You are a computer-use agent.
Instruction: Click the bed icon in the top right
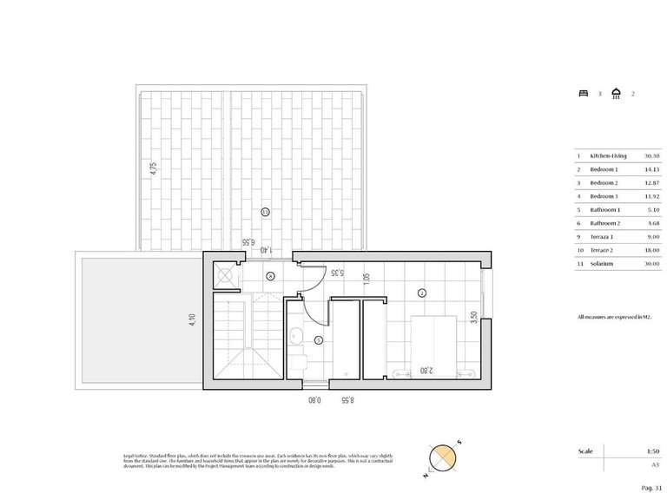pyautogui.click(x=583, y=92)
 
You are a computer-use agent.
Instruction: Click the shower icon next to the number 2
pyautogui.click(x=616, y=92)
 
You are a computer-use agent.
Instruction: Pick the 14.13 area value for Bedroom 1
pyautogui.click(x=652, y=169)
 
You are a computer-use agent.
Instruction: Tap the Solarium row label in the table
pyautogui.click(x=602, y=263)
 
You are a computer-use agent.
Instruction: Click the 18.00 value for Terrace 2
pyautogui.click(x=652, y=250)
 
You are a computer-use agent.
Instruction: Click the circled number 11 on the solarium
pyautogui.click(x=266, y=211)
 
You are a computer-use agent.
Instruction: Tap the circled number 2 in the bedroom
pyautogui.click(x=422, y=293)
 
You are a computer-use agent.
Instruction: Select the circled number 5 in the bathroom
pyautogui.click(x=318, y=339)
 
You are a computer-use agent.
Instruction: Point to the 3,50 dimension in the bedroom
pyautogui.click(x=473, y=318)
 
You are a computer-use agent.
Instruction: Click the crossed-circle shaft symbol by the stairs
pyautogui.click(x=225, y=276)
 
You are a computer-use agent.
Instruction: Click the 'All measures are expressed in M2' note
pyautogui.click(x=614, y=319)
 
